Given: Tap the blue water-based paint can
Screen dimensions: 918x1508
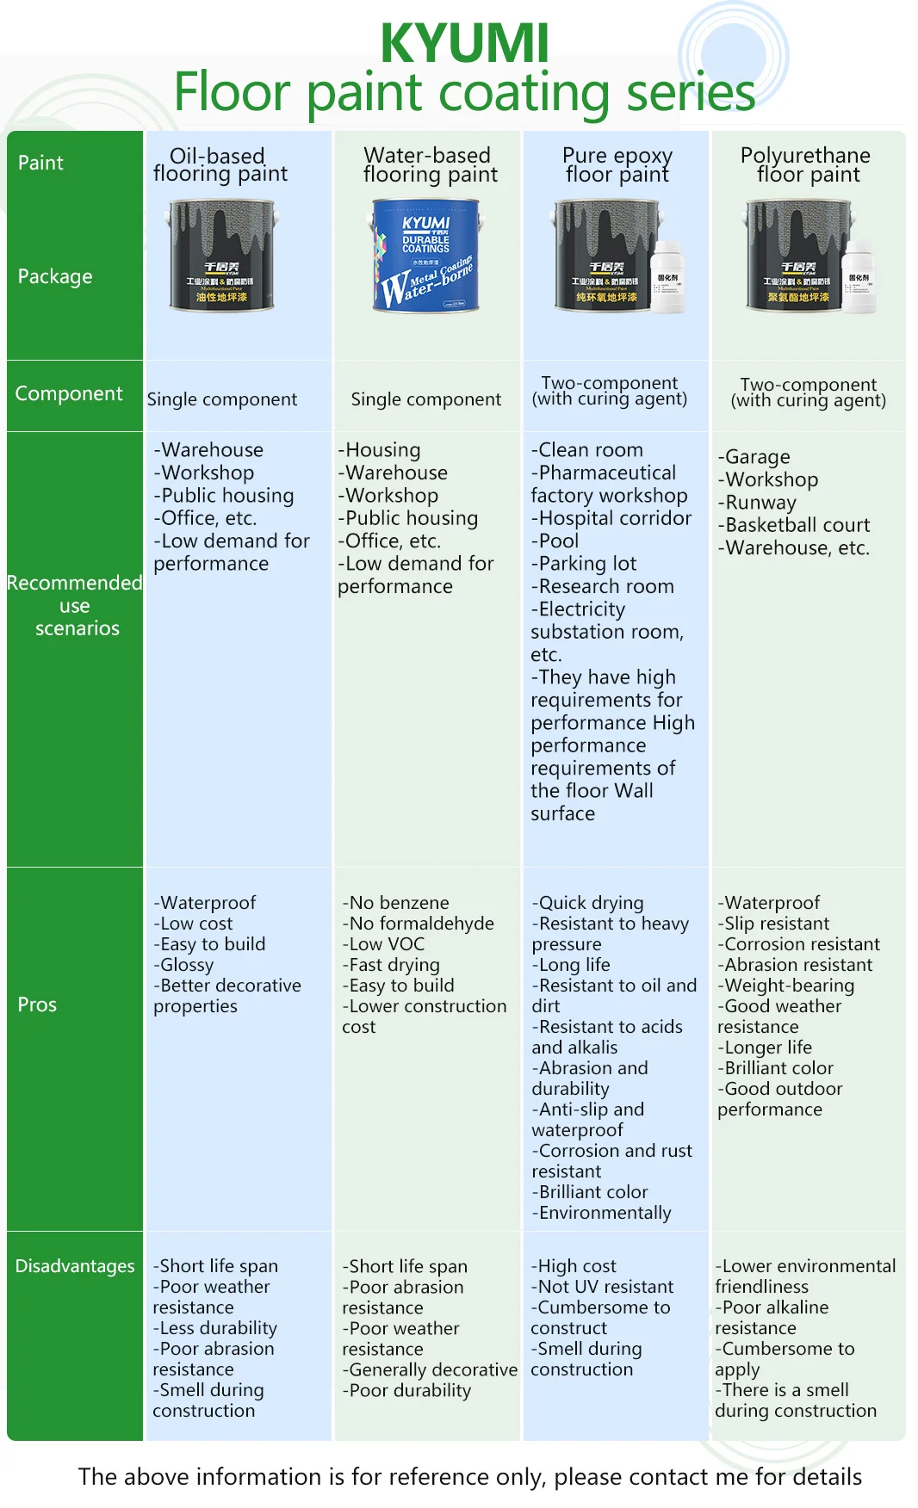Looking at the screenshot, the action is [x=426, y=255].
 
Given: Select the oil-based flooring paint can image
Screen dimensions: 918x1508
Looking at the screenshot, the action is [x=222, y=255].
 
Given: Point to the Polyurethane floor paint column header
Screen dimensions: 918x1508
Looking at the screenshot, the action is [x=806, y=165].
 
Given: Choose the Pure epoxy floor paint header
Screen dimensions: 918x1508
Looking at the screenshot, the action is [x=617, y=165].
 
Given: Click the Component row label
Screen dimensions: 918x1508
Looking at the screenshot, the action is [x=69, y=393].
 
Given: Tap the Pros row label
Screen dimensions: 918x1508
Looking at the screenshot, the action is [x=37, y=1004].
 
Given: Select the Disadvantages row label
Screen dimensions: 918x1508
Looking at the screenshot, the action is [x=75, y=1266].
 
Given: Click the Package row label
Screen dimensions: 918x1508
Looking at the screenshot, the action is [x=55, y=276].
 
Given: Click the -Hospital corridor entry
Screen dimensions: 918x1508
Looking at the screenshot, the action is [x=611, y=518].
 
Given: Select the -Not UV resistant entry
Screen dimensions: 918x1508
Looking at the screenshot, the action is [x=602, y=1287].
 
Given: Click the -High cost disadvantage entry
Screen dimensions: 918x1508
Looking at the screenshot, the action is [x=574, y=1266].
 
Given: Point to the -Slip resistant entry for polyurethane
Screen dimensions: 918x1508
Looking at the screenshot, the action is [x=773, y=924].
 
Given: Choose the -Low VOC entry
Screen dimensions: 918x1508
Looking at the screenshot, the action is [x=383, y=944].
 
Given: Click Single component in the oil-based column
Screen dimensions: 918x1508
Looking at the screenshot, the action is [x=222, y=399].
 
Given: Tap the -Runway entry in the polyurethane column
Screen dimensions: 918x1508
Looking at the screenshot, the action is [x=757, y=503].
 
